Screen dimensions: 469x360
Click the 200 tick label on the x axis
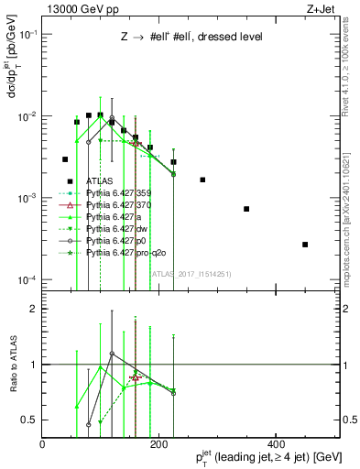(x=159, y=443)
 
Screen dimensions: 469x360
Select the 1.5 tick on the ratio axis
(x=33, y=336)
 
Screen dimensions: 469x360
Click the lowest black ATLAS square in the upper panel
(x=305, y=245)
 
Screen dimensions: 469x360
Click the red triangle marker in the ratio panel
(x=136, y=377)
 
